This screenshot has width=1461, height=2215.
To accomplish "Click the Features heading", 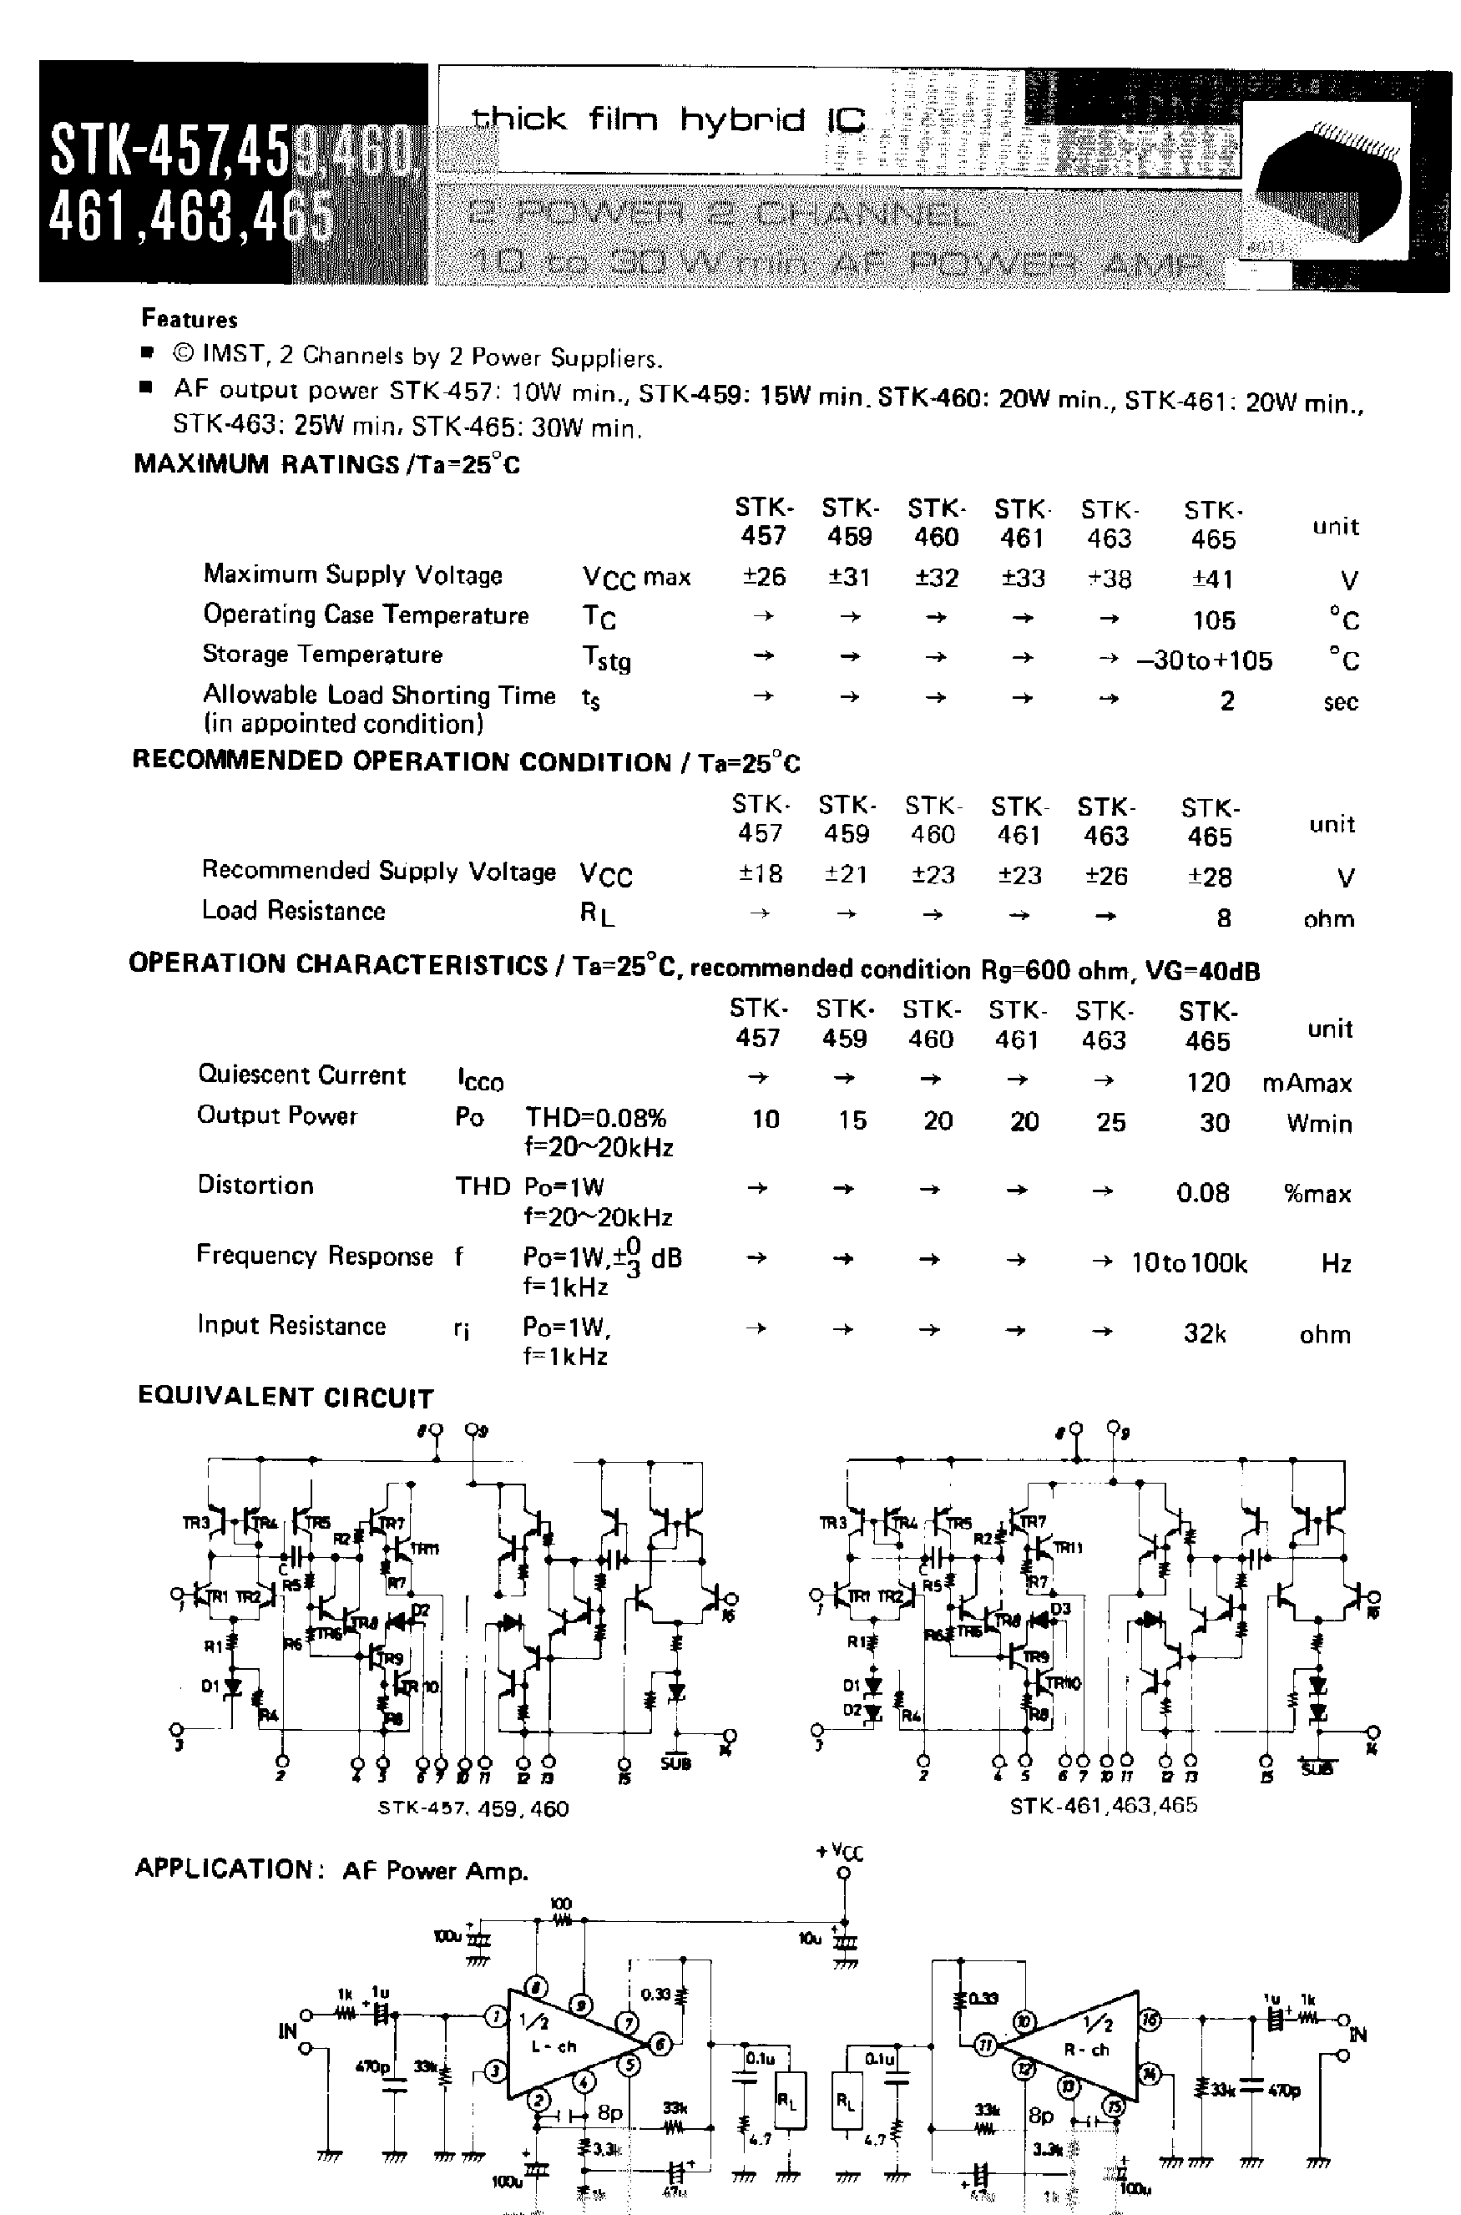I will coord(190,319).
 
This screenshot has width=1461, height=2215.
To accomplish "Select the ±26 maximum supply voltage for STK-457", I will coord(763,577).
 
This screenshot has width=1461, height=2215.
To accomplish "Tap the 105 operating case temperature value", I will coord(1213,619).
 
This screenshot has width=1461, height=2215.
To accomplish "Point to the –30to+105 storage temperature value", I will coord(1204,660).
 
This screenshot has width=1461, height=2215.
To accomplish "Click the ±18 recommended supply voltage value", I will coord(760,874).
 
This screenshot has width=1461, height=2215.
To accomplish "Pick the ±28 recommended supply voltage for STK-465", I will coord(1209,877).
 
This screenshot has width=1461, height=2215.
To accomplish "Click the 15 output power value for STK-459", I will coord(851,1120).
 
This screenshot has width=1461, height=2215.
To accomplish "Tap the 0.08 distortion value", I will coord(1202,1193).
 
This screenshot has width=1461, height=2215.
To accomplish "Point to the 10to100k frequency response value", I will coord(1188,1263).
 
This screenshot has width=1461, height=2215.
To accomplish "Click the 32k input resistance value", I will coord(1204,1333).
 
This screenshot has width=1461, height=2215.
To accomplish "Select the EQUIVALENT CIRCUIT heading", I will coord(286,1397).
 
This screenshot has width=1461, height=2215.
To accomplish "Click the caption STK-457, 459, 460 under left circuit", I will coord(473,1808).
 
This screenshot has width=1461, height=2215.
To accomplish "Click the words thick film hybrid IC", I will coord(667,119).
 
